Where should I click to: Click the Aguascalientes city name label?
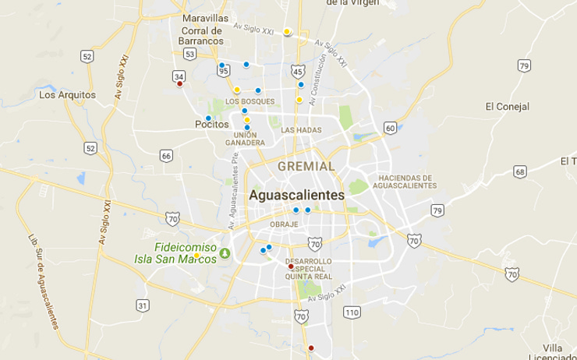coord(296,196)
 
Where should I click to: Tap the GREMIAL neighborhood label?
coord(306,167)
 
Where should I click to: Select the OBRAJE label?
coord(284,224)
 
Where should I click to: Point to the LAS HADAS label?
coord(301,130)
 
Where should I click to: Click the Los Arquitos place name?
coord(67,95)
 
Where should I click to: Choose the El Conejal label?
coord(507,106)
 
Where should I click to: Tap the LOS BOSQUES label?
coord(250,101)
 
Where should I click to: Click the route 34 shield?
coord(179,76)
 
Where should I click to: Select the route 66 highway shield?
coord(166,156)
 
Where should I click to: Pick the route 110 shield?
coord(352,312)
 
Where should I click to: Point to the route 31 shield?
coord(143,305)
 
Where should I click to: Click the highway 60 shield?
coord(391,128)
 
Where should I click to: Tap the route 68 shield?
coord(520,171)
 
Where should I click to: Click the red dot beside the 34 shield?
coord(179,85)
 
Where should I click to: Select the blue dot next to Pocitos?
coord(208,118)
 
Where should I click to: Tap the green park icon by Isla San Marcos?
coord(225,253)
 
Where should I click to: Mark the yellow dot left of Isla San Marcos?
coord(197,256)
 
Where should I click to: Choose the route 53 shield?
coord(190,55)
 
